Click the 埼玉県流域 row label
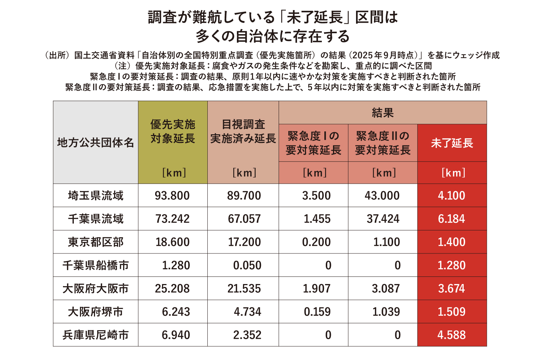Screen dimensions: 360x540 95,195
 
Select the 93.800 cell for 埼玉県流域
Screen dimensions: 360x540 172,195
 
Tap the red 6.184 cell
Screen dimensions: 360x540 451,219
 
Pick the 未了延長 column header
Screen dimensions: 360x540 452,143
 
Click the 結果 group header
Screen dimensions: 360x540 382,113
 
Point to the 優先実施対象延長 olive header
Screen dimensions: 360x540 173,131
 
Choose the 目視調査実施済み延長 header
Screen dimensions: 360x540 243,131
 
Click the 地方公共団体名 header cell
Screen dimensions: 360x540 95,143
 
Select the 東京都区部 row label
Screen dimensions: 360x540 95,242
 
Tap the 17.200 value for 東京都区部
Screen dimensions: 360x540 244,242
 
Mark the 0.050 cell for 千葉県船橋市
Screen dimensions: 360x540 247,265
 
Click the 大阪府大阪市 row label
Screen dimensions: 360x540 95,288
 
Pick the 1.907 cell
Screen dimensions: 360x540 316,288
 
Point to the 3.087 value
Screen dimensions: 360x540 386,288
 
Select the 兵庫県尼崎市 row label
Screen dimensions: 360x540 95,335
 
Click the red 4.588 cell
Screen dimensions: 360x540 451,335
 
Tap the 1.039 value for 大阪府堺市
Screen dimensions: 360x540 386,312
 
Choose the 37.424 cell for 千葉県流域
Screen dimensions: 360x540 383,219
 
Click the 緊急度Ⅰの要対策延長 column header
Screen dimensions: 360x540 313,143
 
